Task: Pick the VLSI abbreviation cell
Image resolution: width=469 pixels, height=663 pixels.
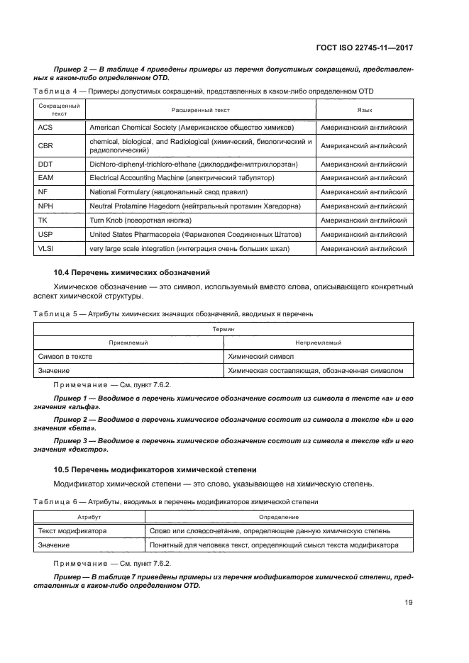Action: [x=47, y=248]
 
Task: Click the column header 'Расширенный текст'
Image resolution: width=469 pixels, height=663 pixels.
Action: [x=201, y=110]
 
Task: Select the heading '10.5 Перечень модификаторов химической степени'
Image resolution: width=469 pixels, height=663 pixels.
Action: [x=155, y=469]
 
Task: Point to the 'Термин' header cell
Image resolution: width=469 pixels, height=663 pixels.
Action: [x=224, y=329]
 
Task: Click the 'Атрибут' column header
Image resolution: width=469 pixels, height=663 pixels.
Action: [x=89, y=517]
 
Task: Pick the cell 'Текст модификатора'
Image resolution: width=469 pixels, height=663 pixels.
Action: [x=72, y=530]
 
